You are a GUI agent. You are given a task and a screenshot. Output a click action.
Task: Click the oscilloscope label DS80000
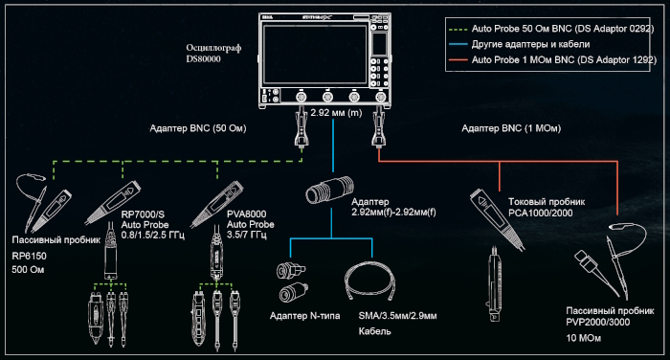(x=203, y=59)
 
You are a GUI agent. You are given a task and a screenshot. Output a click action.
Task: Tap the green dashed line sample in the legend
(x=458, y=29)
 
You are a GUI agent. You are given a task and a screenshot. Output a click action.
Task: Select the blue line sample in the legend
(x=458, y=44)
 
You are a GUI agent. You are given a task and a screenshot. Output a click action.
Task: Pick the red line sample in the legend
(x=458, y=60)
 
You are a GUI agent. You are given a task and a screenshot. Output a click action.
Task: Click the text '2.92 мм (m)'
(x=336, y=113)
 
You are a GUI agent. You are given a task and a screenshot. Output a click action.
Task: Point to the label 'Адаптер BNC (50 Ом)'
(x=198, y=128)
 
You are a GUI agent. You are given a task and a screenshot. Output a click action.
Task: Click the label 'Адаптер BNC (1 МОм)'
(x=511, y=128)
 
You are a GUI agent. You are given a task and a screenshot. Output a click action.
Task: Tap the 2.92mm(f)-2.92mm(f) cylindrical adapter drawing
(x=330, y=190)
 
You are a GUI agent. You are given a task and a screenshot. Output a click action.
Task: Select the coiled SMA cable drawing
(x=370, y=280)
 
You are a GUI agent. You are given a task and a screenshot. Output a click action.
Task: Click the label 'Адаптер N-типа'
(x=305, y=316)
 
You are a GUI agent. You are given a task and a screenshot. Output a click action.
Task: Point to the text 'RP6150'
(x=29, y=256)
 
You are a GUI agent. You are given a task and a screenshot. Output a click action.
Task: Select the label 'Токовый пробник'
(x=547, y=202)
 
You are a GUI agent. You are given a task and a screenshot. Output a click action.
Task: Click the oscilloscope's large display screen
(x=315, y=55)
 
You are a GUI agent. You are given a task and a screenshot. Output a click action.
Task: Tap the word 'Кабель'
(x=375, y=331)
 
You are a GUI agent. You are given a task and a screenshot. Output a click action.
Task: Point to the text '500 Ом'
(x=28, y=270)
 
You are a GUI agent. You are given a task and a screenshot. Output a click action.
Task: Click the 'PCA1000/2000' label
(x=541, y=213)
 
